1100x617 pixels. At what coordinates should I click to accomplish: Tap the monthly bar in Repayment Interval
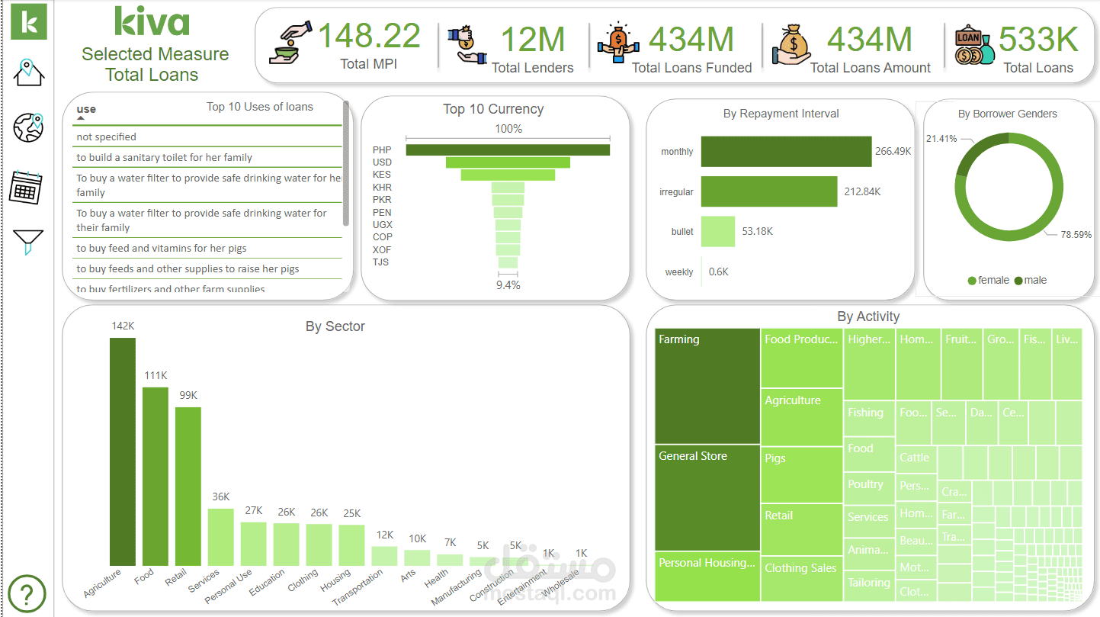tap(785, 151)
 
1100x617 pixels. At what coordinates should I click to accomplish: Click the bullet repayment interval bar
tap(717, 231)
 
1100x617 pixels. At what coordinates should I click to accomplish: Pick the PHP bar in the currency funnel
tap(508, 150)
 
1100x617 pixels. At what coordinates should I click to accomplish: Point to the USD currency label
tap(382, 162)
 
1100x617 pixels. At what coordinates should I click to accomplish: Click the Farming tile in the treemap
tap(707, 385)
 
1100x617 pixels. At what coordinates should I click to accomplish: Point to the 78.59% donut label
tap(1076, 235)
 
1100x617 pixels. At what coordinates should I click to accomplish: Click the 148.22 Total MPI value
tap(369, 37)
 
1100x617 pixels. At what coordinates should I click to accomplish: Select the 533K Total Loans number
tap(1038, 40)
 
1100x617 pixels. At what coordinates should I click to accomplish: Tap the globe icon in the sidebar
tap(29, 127)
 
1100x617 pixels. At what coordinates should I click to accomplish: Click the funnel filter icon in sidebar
tap(28, 243)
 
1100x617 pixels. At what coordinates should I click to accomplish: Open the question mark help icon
tap(27, 593)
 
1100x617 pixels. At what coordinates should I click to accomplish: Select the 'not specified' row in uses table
tap(107, 137)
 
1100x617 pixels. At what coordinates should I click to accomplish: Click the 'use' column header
tap(86, 109)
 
